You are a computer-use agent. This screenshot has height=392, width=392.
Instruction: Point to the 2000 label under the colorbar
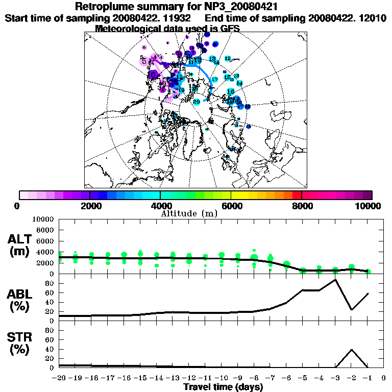pyautogui.click(x=89, y=206)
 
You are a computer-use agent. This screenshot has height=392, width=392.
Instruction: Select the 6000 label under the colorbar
pyautogui.click(x=231, y=206)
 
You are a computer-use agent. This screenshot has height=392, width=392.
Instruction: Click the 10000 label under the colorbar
pyautogui.click(x=369, y=206)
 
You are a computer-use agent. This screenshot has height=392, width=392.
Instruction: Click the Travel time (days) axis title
pyautogui.click(x=223, y=387)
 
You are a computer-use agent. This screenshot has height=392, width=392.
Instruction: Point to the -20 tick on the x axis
pyautogui.click(x=60, y=378)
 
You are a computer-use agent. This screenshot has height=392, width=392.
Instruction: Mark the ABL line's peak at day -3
pyautogui.click(x=335, y=280)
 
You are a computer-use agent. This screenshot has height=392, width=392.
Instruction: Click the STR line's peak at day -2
pyautogui.click(x=352, y=350)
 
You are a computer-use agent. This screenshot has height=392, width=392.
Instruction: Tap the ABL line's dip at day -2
pyautogui.click(x=352, y=309)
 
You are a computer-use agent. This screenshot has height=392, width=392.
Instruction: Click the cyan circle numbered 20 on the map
pyautogui.click(x=197, y=102)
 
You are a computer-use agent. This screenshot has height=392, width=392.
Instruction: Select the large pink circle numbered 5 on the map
pyautogui.click(x=144, y=61)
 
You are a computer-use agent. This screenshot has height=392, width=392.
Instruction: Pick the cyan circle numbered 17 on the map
pyautogui.click(x=215, y=80)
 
